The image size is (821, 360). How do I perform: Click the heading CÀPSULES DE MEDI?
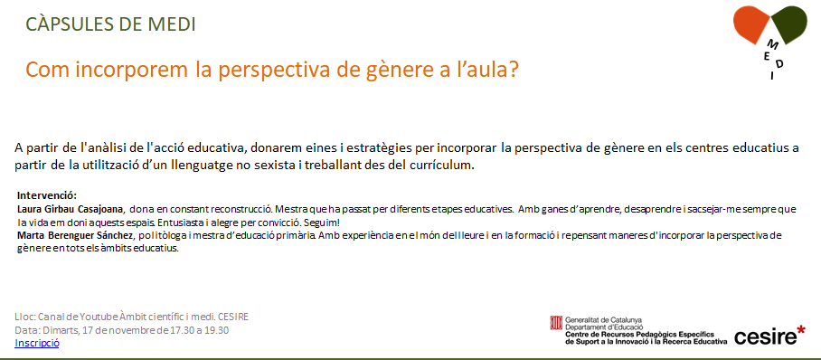click(x=111, y=24)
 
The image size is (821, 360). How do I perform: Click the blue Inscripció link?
click(x=37, y=343)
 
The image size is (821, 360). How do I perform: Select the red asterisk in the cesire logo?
click(x=800, y=331)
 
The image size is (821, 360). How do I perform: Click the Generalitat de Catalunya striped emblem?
click(x=556, y=323)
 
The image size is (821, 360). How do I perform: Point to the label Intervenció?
click(x=47, y=196)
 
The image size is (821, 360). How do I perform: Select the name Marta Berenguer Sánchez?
click(x=75, y=236)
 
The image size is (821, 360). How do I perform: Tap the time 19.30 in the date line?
click(x=217, y=331)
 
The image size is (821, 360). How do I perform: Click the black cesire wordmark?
click(x=764, y=338)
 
